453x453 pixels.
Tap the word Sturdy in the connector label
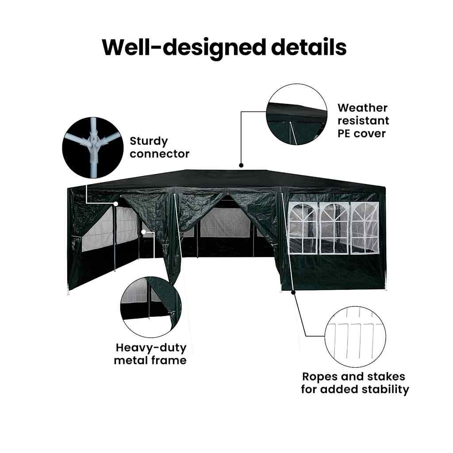point(149,142)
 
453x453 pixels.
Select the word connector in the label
point(160,154)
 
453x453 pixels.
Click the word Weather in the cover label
point(362,108)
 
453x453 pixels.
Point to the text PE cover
point(361,133)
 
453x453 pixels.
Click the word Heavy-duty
point(151,347)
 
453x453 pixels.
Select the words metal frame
point(150,360)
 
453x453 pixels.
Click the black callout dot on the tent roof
point(241,165)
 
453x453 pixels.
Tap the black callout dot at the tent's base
point(293,292)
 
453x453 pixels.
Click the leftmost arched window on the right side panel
point(303,228)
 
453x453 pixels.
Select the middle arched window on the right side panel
point(334,228)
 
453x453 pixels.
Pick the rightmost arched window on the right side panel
point(365,228)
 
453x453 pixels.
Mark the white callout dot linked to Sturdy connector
point(116,204)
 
